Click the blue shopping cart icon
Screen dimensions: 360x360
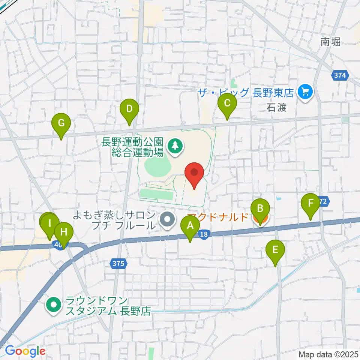304,92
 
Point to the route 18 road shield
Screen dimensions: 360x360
203,234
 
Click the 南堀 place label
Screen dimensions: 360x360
331,42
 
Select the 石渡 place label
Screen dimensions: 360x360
277,108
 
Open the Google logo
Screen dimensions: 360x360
25,351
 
